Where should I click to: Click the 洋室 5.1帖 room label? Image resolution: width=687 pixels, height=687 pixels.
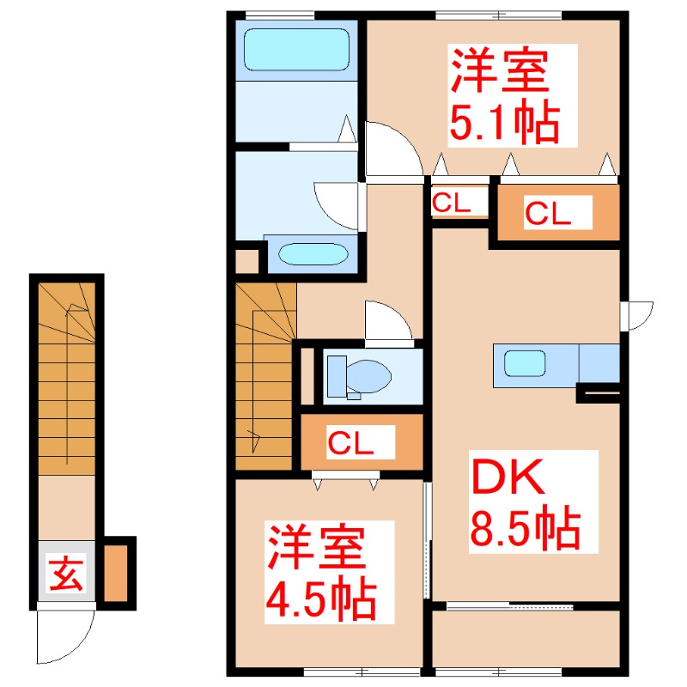click(502, 96)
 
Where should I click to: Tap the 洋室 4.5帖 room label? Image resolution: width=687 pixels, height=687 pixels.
click(319, 573)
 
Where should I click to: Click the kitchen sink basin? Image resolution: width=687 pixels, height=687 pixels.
click(523, 362)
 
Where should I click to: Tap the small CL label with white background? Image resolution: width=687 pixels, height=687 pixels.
click(450, 203)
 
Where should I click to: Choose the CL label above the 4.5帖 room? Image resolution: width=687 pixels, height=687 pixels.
click(351, 443)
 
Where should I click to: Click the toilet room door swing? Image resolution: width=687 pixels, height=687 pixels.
click(387, 321)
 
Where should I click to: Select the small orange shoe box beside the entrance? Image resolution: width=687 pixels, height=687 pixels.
click(116, 571)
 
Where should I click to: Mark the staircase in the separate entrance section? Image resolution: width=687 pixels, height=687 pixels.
click(66, 378)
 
